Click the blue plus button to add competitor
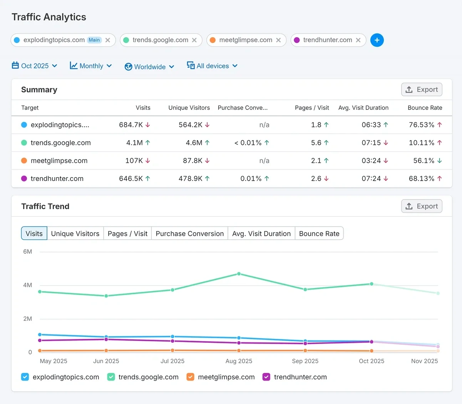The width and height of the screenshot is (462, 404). (377, 40)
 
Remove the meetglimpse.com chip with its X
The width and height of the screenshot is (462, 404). (278, 40)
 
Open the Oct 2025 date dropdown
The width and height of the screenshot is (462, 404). (35, 66)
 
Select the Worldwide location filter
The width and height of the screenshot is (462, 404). (149, 67)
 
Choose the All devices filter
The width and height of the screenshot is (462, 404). (212, 66)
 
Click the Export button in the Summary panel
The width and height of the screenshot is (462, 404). (422, 89)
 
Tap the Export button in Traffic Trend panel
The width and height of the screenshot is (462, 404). (422, 206)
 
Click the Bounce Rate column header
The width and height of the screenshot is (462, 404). (425, 108)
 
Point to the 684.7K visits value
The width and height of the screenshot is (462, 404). (131, 125)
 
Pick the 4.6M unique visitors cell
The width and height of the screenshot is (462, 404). (194, 142)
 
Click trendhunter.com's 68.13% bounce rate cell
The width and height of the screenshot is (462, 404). (422, 178)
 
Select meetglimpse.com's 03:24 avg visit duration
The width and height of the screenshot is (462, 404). (371, 161)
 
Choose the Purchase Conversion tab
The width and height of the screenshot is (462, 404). (189, 233)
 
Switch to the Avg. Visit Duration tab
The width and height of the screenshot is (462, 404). (261, 233)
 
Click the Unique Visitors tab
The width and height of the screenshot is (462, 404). (75, 233)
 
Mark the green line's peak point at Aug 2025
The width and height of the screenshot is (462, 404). (239, 274)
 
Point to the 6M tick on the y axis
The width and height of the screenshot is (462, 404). (28, 252)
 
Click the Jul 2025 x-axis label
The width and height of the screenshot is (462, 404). (172, 361)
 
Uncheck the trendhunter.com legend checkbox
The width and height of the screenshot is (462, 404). (266, 377)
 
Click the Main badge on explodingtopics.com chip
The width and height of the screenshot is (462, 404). (94, 40)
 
